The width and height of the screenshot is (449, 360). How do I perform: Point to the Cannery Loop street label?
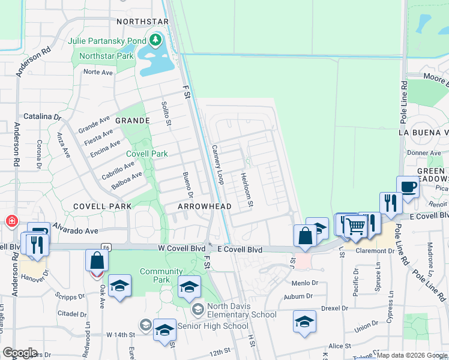[217, 164]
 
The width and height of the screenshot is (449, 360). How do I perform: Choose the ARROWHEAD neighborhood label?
[205, 206]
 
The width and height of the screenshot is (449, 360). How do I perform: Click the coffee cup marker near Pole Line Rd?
[408, 187]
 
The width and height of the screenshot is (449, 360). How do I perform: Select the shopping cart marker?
[355, 226]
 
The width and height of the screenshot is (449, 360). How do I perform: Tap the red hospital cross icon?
[11, 221]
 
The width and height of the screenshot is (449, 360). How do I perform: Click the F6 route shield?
[106, 247]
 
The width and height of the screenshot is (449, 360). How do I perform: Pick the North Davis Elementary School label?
[241, 310]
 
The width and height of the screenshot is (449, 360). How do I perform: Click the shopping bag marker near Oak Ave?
[97, 261]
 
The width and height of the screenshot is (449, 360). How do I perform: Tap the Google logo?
[20, 353]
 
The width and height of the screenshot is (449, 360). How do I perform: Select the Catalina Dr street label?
[42, 116]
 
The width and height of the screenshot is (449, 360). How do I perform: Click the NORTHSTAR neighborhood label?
[142, 22]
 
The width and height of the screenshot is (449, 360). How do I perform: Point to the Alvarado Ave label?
[74, 230]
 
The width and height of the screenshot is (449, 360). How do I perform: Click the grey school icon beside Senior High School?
[145, 325]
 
